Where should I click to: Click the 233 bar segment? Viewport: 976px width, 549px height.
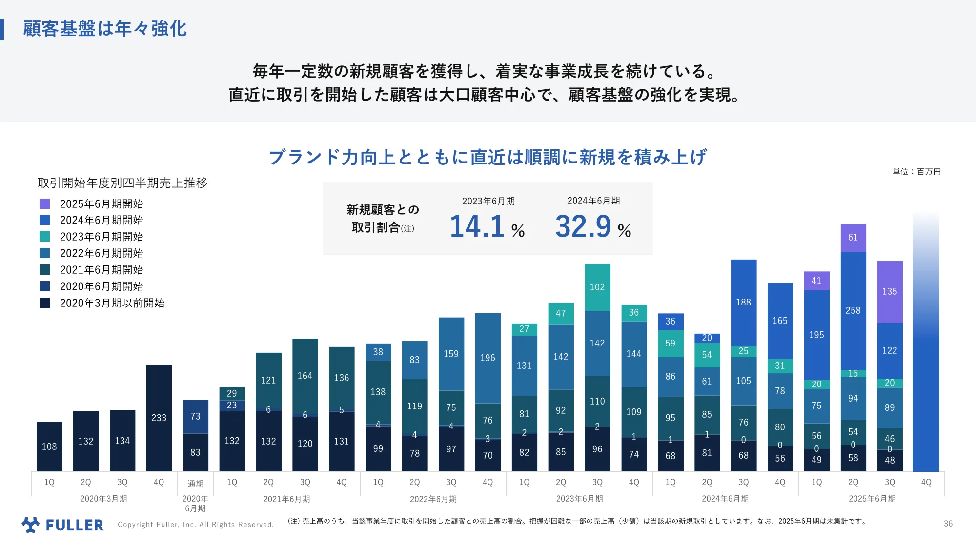coord(159,418)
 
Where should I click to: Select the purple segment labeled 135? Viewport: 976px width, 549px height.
coord(889,292)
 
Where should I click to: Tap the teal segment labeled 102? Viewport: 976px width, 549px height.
coord(597,287)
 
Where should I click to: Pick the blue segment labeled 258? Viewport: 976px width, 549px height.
coord(853,310)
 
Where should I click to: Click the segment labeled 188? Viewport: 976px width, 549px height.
coord(743,302)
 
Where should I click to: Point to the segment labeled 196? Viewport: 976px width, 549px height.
coord(488,358)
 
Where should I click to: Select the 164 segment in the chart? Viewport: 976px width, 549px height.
coord(305,376)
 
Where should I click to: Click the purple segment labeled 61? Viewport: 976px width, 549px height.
coord(853,238)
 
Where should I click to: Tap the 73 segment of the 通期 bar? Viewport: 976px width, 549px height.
coord(195,416)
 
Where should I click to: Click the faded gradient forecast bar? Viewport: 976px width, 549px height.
coord(925,342)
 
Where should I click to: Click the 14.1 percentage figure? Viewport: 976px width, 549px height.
coord(477,227)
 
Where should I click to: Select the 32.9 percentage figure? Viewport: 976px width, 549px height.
coord(583,227)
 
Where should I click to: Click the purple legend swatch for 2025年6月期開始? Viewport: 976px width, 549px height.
coord(44,203)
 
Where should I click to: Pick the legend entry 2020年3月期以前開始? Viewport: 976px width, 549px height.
coord(112,303)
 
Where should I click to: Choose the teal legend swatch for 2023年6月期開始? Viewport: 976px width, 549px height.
coord(44,237)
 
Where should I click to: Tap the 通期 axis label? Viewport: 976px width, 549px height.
coord(195,483)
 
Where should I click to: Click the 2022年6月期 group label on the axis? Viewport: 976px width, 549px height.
coord(433,499)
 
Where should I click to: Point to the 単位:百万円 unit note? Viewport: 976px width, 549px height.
coord(916,172)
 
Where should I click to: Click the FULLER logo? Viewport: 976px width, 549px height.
coord(62,525)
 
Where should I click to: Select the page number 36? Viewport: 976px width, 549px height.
coord(948,524)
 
